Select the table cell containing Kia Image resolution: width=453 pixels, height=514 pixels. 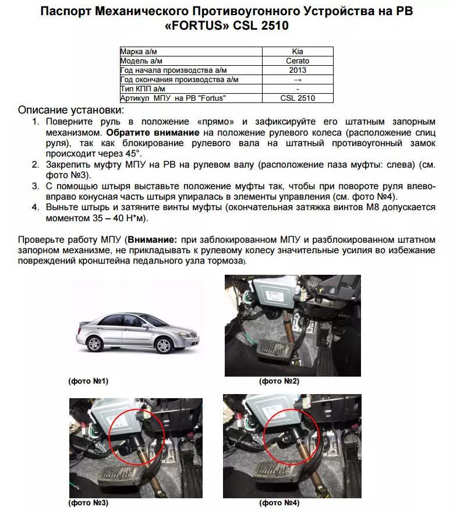click(x=298, y=52)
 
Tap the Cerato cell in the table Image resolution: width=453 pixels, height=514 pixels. click(x=298, y=61)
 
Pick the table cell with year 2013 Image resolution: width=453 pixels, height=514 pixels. click(x=298, y=70)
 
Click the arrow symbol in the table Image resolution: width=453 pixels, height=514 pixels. click(x=298, y=79)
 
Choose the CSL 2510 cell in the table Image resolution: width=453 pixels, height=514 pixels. click(x=298, y=98)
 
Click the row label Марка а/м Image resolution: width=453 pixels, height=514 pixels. click(x=139, y=52)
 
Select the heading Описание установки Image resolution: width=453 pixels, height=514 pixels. click(x=71, y=110)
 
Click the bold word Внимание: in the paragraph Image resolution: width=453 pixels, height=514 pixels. click(x=153, y=239)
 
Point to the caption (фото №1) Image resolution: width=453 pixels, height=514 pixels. click(x=89, y=381)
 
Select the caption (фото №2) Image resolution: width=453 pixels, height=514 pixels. click(x=279, y=381)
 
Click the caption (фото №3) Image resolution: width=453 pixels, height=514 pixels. click(x=89, y=502)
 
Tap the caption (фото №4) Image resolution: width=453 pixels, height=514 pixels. click(x=279, y=502)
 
